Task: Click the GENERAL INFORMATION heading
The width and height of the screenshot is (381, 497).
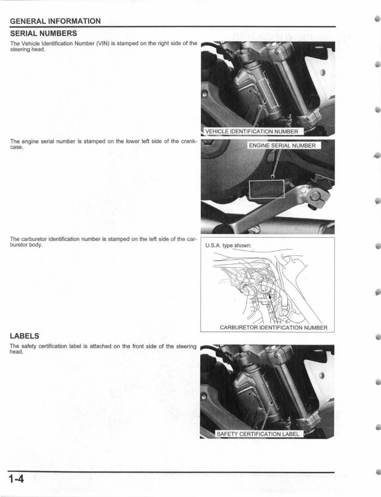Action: pyautogui.click(x=55, y=21)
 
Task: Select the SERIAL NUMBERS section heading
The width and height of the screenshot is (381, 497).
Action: pyautogui.click(x=43, y=33)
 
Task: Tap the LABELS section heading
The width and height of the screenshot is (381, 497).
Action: pyautogui.click(x=25, y=336)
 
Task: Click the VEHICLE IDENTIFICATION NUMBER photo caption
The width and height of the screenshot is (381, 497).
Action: pyautogui.click(x=251, y=132)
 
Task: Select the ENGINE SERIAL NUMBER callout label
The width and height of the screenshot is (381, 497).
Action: pyautogui.click(x=283, y=145)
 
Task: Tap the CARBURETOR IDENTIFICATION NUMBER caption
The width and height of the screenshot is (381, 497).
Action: pyautogui.click(x=274, y=328)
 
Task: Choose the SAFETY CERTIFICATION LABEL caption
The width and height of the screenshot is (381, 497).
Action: pyautogui.click(x=258, y=434)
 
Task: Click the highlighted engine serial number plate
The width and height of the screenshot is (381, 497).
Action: pyautogui.click(x=267, y=189)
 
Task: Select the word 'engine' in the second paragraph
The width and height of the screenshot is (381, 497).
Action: pyautogui.click(x=29, y=142)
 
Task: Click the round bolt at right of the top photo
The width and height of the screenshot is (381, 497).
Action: pyautogui.click(x=322, y=73)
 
